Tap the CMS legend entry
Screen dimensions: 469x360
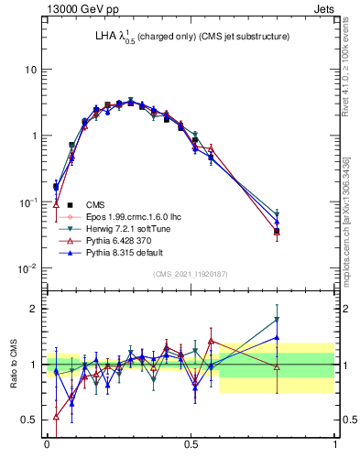pos(95,204)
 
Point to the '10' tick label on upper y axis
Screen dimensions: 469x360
pos(30,70)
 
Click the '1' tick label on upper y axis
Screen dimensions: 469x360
pos(33,136)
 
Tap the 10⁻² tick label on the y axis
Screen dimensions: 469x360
pos(27,267)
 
